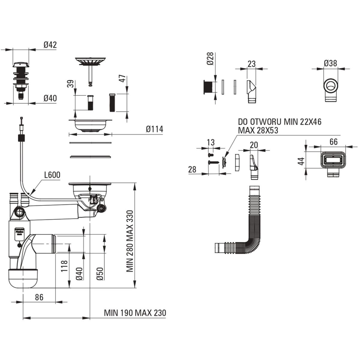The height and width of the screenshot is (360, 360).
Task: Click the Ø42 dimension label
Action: pyautogui.click(x=50, y=45)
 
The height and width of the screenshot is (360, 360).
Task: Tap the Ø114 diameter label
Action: pyautogui.click(x=154, y=129)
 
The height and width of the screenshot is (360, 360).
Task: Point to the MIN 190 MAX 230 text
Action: pyautogui.click(x=135, y=313)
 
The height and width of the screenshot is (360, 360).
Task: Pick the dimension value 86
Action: pyautogui.click(x=39, y=297)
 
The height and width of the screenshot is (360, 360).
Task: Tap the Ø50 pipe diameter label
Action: pyautogui.click(x=100, y=274)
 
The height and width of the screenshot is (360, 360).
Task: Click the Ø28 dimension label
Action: pyautogui.click(x=211, y=58)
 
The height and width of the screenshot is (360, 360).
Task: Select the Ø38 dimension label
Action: pyautogui.click(x=330, y=63)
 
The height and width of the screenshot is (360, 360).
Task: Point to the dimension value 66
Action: pyautogui.click(x=334, y=142)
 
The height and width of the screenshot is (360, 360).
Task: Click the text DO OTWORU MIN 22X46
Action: pyautogui.click(x=279, y=122)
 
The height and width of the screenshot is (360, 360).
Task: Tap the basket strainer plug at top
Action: pyautogui.click(x=90, y=61)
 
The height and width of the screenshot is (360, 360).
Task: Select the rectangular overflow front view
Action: pyautogui.click(x=333, y=161)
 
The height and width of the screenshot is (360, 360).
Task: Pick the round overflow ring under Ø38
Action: pyautogui.click(x=331, y=85)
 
